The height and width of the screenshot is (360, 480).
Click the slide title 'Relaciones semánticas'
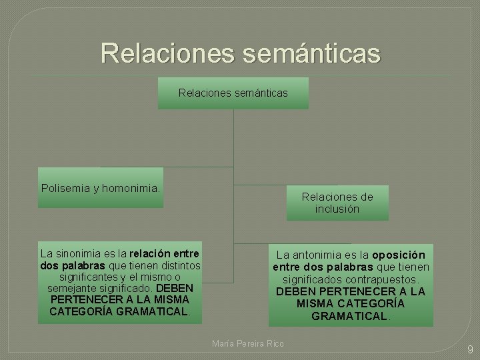tap(240, 53)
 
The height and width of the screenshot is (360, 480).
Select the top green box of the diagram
tap(233, 93)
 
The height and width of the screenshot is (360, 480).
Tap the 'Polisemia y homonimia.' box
tap(101, 188)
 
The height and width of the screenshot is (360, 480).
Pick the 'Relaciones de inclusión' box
tap(337, 203)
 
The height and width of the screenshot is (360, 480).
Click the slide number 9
tap(469, 349)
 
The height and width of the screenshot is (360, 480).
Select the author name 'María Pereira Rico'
tap(247, 343)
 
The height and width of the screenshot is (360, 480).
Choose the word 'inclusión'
tap(337, 209)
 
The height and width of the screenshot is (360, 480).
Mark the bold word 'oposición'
tap(399, 255)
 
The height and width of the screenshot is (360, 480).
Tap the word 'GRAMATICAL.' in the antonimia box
tap(351, 316)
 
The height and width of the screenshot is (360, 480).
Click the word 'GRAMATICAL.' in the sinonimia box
tap(153, 311)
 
